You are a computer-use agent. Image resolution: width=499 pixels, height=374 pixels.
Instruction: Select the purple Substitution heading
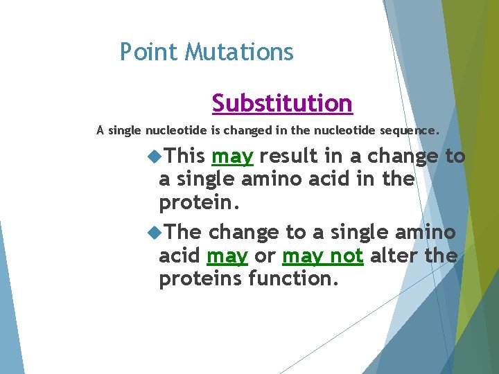coord(282,103)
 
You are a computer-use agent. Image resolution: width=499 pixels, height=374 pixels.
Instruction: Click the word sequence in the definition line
coord(415,130)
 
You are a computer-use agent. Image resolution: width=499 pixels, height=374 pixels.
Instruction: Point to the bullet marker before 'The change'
coord(154,232)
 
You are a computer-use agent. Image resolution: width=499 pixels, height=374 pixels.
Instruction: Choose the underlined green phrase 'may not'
coord(322,256)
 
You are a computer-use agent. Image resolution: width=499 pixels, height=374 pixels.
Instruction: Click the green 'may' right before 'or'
coord(227,256)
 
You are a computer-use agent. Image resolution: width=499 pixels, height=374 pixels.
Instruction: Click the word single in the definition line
coord(125,130)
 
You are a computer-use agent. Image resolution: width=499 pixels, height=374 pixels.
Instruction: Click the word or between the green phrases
coord(265,256)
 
